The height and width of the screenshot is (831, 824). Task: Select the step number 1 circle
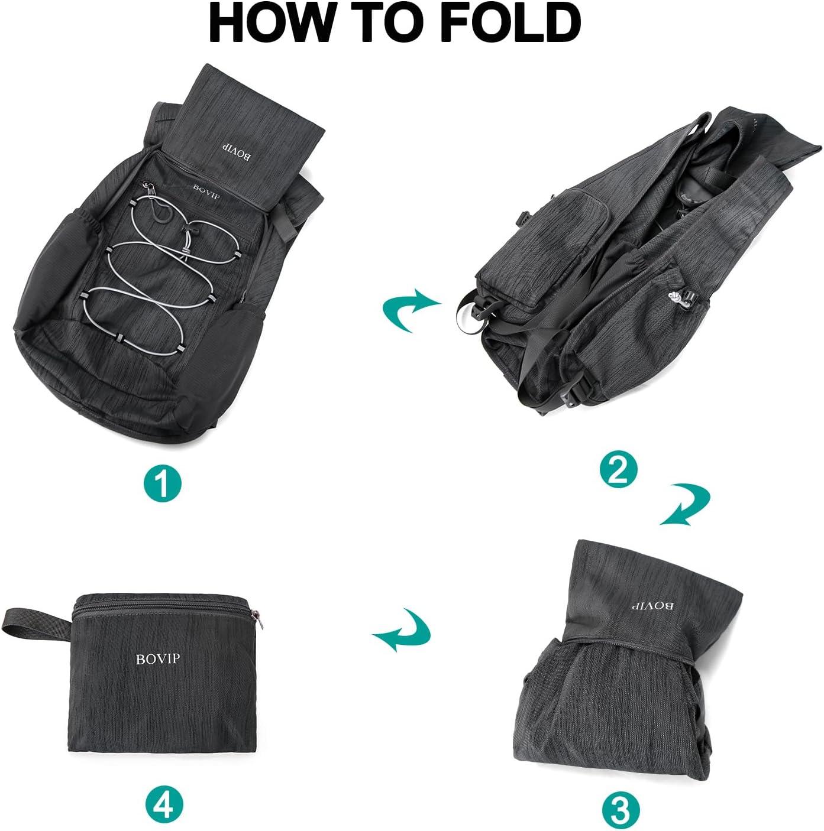coord(163,483)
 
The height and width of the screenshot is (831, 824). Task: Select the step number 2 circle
coord(618,470)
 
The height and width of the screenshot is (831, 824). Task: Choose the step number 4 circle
coord(164,803)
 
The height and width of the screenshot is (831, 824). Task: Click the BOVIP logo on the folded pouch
coord(157,658)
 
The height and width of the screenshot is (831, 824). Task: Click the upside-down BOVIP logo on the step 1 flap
coord(236,151)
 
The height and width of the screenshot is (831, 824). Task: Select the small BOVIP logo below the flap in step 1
coord(206,190)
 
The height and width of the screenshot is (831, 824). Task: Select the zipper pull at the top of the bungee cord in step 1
coord(153,191)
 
